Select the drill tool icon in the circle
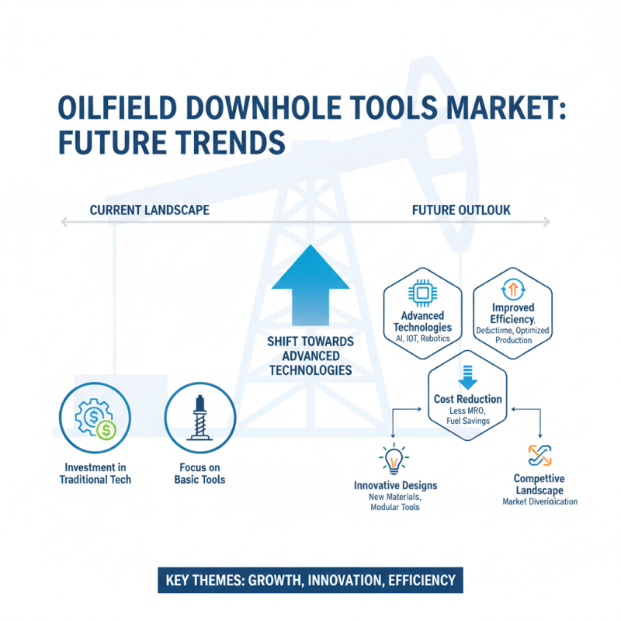coord(200,420)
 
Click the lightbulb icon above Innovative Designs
coord(394,460)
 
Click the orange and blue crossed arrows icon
coord(539,455)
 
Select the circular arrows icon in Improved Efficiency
coord(512,291)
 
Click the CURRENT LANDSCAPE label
coord(149,210)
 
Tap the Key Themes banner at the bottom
coord(310,580)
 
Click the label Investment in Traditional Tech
coord(95,473)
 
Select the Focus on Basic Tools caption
coord(200,473)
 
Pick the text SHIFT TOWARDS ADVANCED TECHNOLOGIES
coord(310,356)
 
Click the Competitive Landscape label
coord(539,485)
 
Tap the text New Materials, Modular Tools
coord(395,501)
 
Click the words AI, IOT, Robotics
coord(423,338)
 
